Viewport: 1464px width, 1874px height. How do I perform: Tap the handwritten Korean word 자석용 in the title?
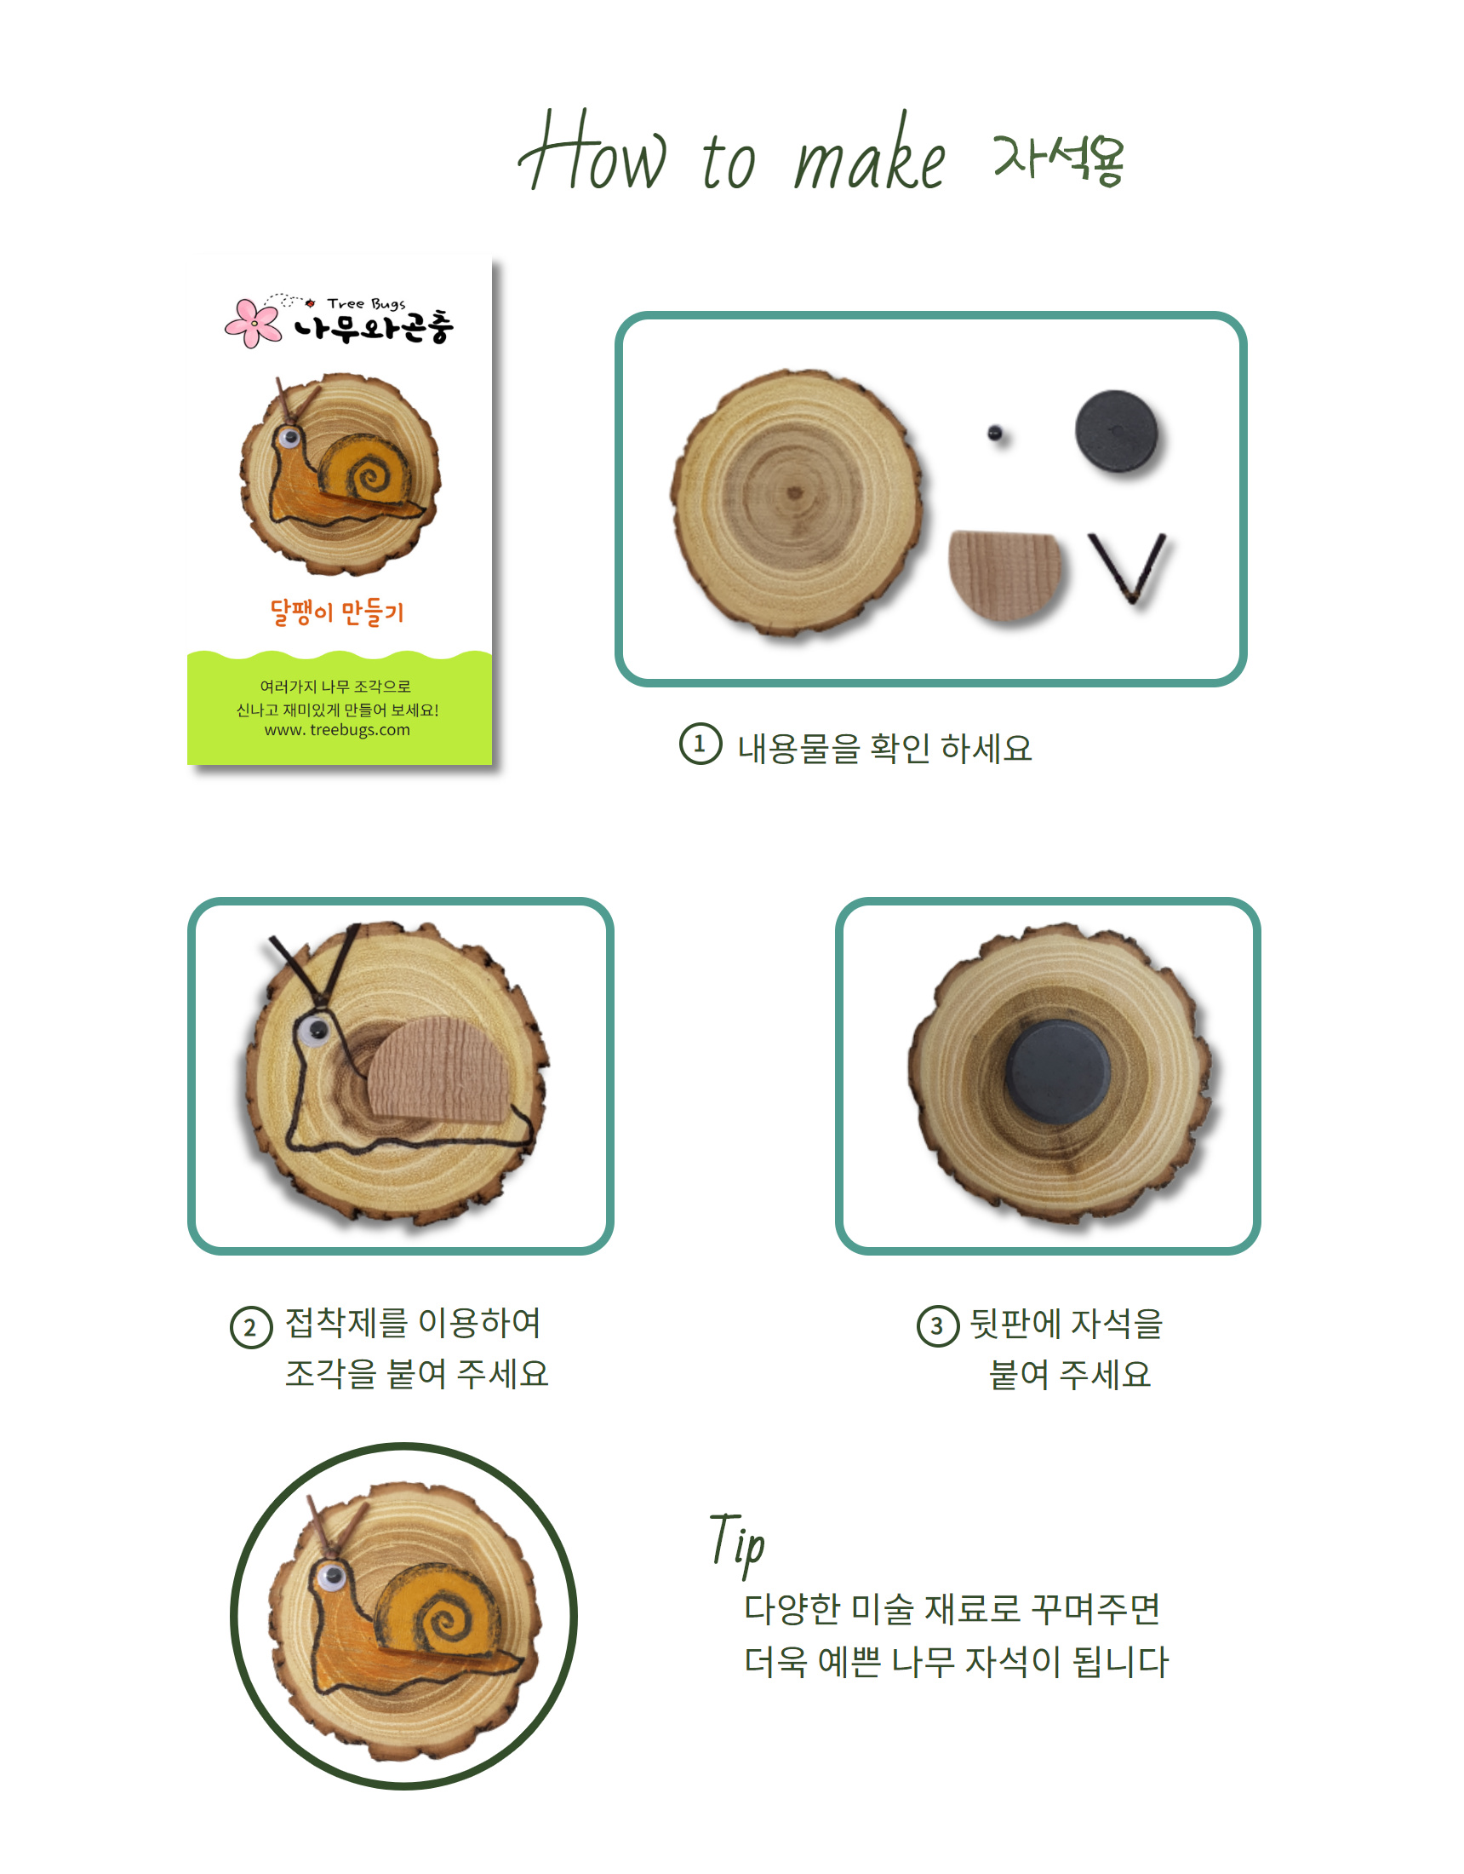tap(1058, 159)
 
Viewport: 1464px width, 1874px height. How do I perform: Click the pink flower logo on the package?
tap(253, 323)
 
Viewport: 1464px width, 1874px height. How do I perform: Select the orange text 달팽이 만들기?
tap(336, 612)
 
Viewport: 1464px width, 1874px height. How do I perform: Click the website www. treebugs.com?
tap(337, 730)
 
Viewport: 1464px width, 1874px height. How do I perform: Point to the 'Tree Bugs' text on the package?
tap(366, 304)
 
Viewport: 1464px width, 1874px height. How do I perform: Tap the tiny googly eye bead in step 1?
tap(995, 433)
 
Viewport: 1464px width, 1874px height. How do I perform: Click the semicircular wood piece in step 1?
tap(1005, 574)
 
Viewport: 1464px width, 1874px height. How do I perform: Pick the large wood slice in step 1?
tap(797, 503)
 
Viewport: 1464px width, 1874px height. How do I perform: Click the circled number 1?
tap(700, 744)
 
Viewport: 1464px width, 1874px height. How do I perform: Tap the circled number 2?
tap(250, 1327)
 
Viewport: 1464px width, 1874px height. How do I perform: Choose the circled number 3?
tap(937, 1326)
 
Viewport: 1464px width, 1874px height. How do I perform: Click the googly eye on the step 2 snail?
tap(315, 1030)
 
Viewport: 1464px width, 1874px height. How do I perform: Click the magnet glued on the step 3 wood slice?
tap(1058, 1072)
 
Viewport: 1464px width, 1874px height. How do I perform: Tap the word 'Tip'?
tap(737, 1543)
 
